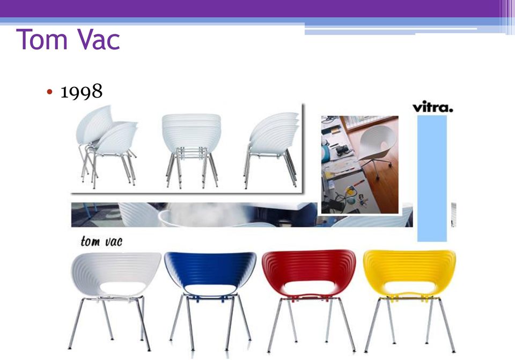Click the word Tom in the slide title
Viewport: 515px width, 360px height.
42,39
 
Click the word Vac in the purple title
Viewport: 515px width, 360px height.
99,39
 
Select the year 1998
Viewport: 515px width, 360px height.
82,91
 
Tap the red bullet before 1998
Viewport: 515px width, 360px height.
49,92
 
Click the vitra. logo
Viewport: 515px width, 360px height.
432,107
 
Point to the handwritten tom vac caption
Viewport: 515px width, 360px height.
101,241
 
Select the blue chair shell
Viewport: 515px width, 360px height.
210,272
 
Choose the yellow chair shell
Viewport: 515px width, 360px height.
409,271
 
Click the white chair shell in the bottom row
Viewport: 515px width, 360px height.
116,273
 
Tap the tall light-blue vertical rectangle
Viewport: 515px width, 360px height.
432,178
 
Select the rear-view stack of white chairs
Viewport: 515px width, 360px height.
192,150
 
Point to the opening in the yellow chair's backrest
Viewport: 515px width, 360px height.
409,288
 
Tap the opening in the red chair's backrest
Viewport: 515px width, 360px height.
309,288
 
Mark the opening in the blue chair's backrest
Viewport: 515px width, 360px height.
210,289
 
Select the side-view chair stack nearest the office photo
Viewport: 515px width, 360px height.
272,150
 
